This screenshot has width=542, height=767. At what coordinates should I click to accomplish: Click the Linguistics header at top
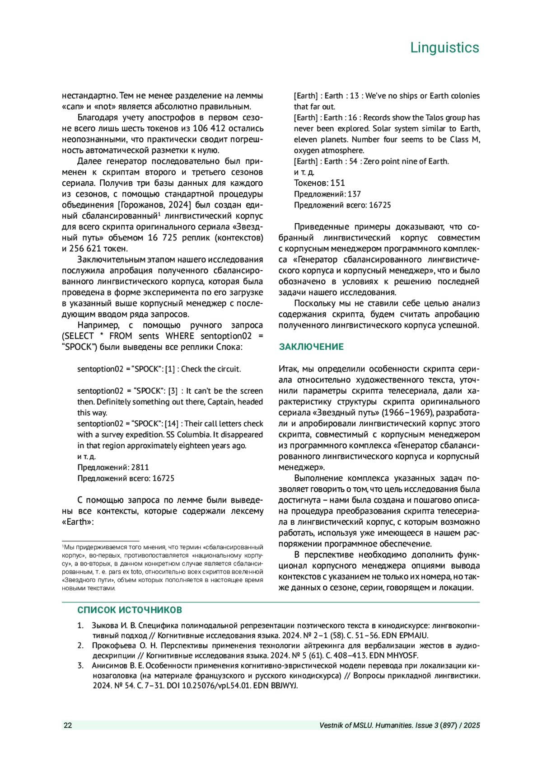click(444, 48)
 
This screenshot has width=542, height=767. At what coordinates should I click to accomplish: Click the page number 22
click(68, 725)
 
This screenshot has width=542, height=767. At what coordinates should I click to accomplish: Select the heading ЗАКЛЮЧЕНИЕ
click(311, 347)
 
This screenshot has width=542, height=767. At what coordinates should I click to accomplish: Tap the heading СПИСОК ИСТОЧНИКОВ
click(130, 610)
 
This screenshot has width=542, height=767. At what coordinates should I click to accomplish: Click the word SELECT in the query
click(79, 336)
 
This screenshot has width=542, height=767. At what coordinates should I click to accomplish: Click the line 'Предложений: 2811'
click(113, 468)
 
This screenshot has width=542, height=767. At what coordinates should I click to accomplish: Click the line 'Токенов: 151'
click(319, 183)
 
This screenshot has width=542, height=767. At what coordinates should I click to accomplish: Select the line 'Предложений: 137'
click(327, 194)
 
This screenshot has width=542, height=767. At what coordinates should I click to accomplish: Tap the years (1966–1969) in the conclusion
click(408, 413)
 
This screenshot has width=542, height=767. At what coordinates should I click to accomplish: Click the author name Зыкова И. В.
click(114, 626)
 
